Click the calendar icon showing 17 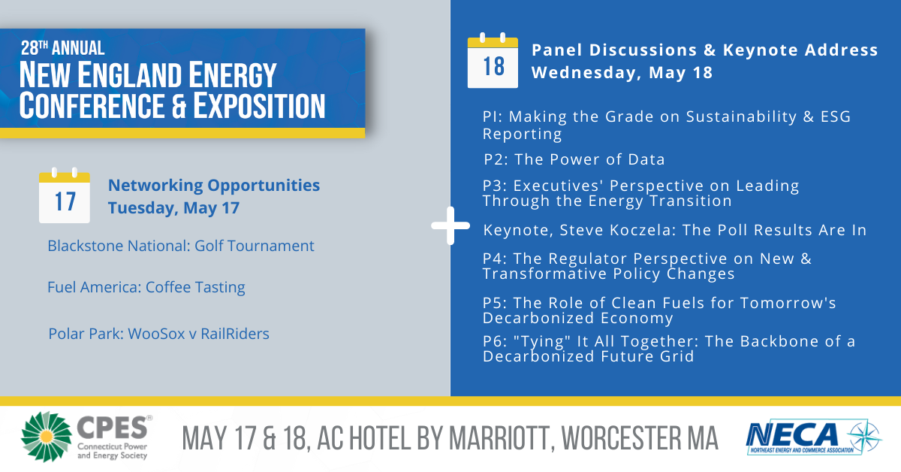65,195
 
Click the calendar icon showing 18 493,60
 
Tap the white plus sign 450,225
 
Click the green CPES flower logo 47,437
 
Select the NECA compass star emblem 865,437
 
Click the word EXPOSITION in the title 259,105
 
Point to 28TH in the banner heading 35,48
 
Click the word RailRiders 235,334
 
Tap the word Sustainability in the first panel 741,117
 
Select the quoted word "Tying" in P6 542,341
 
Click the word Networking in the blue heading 155,186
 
